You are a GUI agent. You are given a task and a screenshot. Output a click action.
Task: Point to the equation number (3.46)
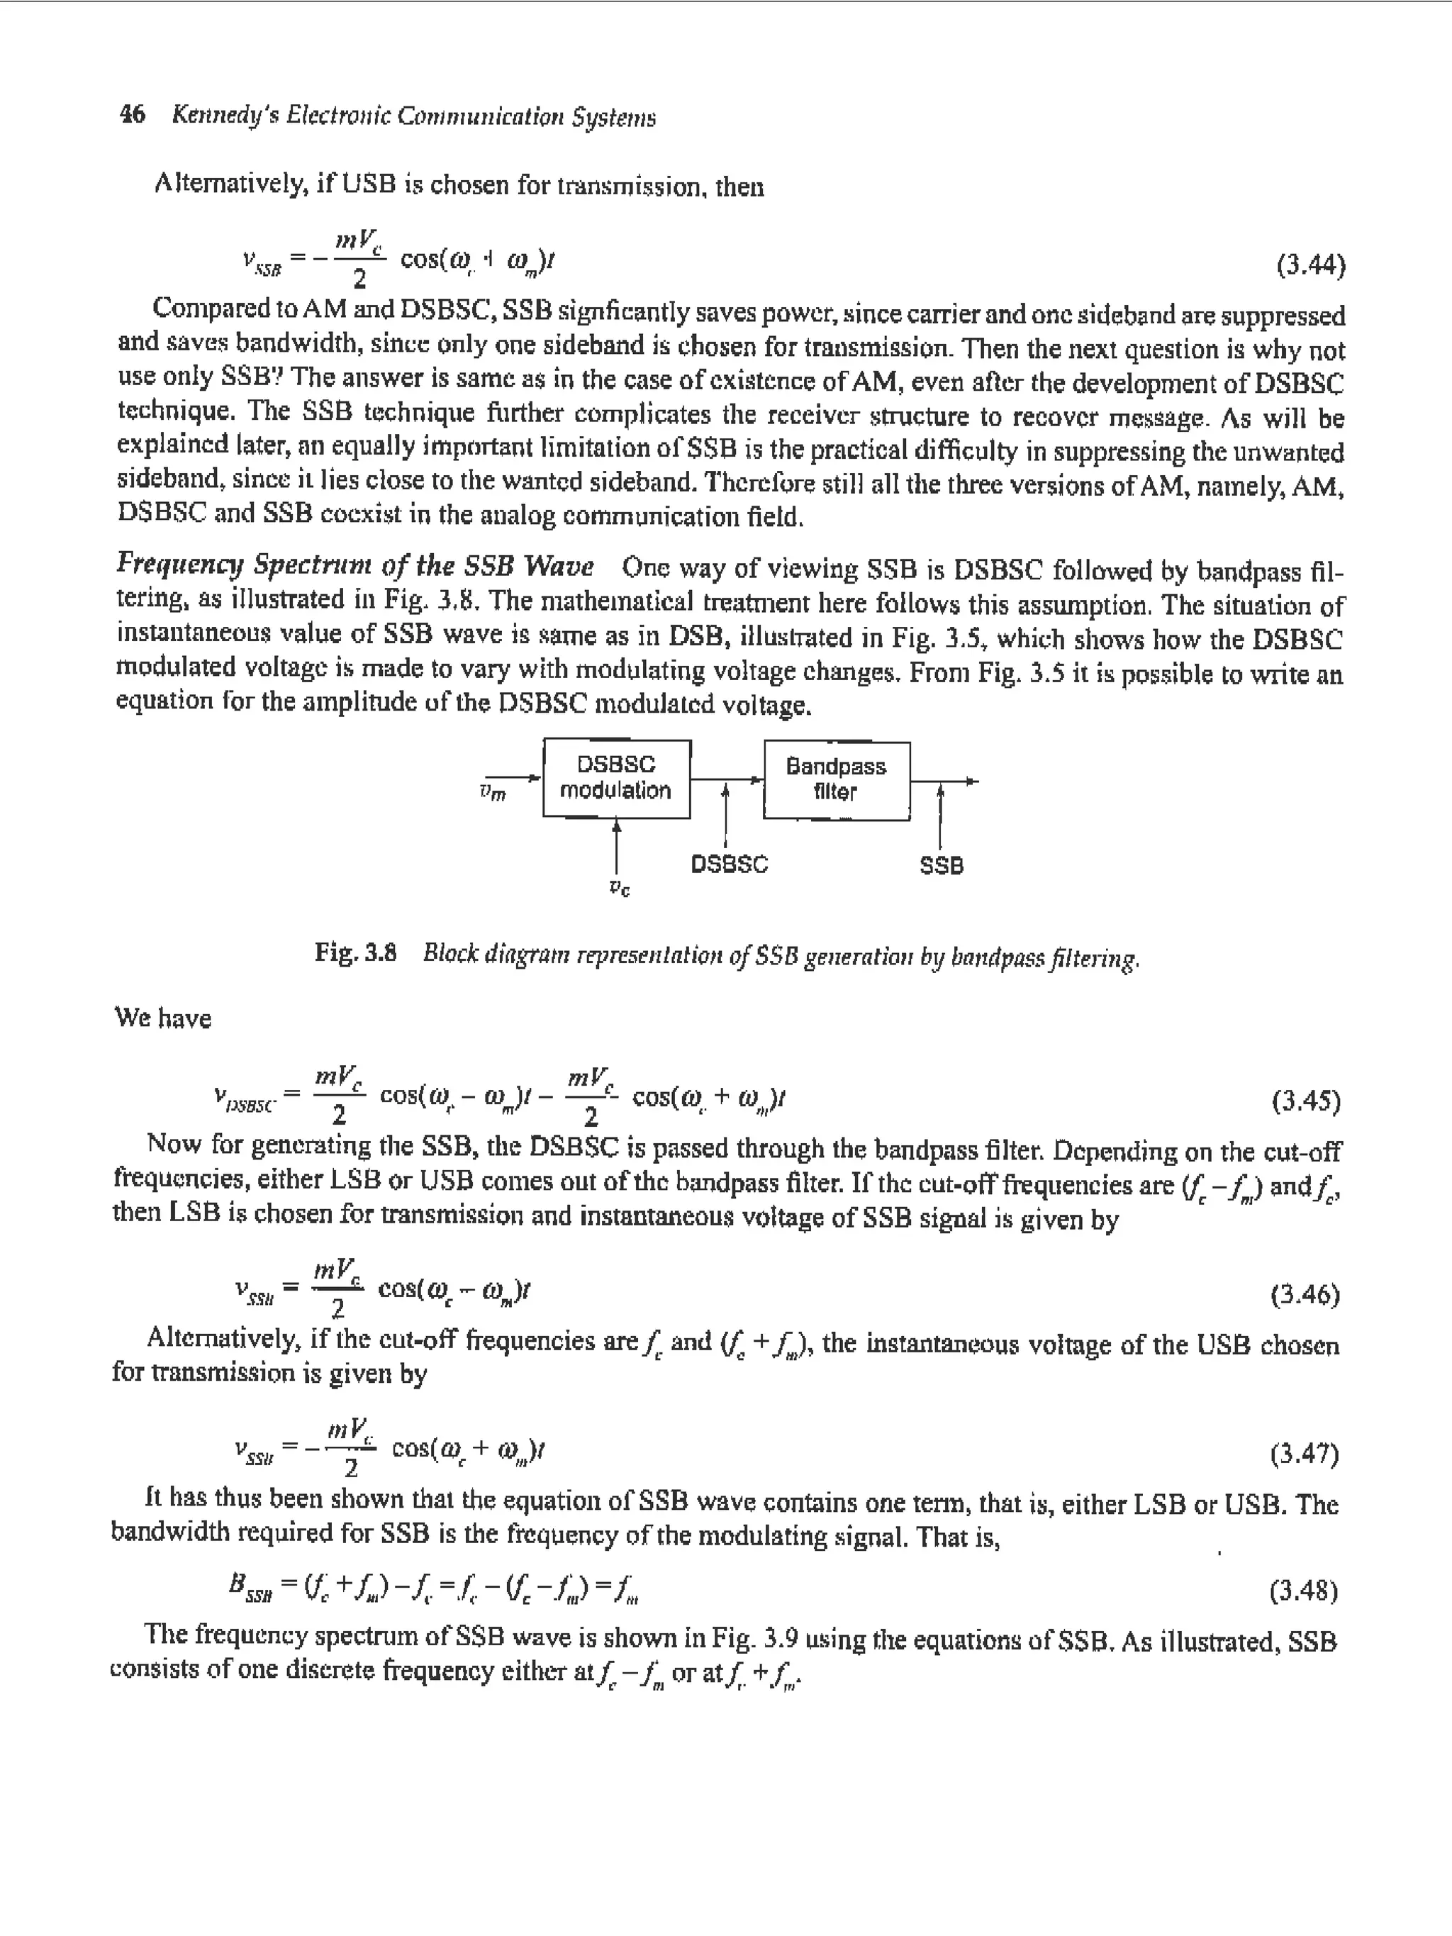[x=1304, y=1294]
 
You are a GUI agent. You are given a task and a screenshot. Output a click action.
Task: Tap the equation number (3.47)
[x=1304, y=1454]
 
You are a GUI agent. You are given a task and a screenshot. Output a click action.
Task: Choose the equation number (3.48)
[x=1303, y=1589]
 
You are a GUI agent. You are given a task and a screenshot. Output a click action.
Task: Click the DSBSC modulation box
[x=616, y=778]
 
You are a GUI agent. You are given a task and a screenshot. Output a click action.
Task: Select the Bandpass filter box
[x=836, y=780]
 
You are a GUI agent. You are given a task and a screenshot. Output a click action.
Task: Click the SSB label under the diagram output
[x=941, y=866]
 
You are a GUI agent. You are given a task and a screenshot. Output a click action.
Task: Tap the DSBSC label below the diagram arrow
[x=729, y=864]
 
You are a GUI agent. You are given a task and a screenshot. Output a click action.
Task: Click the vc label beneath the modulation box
[x=619, y=889]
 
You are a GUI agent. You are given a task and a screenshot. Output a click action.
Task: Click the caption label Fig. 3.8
[x=355, y=952]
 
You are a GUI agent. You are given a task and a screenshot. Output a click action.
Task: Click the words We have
[x=163, y=1018]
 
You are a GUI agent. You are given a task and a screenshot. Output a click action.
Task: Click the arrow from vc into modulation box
[x=617, y=845]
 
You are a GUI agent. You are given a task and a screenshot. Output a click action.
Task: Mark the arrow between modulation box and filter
[x=727, y=778]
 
